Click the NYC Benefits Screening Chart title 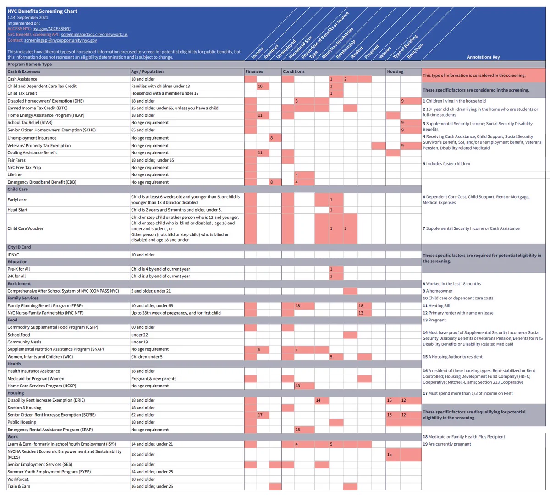point(42,11)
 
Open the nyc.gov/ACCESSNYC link point(51,29)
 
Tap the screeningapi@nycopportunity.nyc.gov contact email point(60,40)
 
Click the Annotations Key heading point(484,57)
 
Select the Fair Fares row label point(16,160)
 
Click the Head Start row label point(17,210)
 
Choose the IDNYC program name point(13,255)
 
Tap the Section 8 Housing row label point(24,408)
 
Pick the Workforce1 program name point(18,479)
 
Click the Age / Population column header point(147,71)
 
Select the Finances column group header point(254,71)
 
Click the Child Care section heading point(17,189)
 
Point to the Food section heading point(12,320)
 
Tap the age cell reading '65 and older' point(143,130)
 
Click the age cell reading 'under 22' point(139,335)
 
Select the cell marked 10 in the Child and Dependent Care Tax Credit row point(263,86)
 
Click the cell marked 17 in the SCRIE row point(263,415)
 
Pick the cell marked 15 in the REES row point(393,454)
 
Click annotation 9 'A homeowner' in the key point(438,291)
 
